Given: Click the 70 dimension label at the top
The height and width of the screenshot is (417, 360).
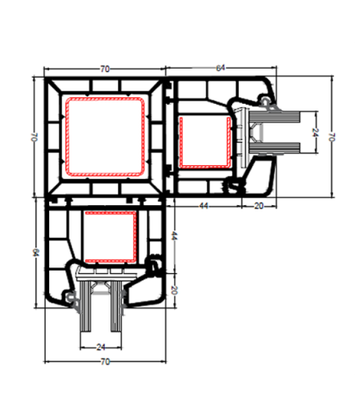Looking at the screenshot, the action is point(105,69).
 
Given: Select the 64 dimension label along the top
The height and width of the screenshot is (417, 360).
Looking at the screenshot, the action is point(220,68).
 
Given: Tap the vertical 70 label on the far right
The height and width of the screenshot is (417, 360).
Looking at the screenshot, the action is point(331,137).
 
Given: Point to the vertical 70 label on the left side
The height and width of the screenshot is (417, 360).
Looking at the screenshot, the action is point(34,137).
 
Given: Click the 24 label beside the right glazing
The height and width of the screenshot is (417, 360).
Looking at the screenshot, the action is point(315,132).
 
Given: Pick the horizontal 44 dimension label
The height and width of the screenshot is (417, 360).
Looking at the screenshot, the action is point(204,206).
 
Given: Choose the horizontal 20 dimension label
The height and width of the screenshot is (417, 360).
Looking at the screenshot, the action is point(259,206).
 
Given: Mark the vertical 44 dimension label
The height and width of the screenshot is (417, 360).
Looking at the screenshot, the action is point(174,235).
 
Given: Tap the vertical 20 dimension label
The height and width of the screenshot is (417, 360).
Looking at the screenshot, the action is point(174,290).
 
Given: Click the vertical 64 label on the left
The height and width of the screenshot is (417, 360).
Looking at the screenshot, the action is point(36,253).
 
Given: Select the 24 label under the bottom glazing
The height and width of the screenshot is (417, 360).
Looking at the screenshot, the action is point(101,347).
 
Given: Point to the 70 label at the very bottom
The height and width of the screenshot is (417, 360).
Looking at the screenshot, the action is point(105,361).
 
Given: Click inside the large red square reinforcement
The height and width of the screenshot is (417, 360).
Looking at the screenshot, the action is point(105,137).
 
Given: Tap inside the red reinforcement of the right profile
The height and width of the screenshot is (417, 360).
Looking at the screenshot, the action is point(205,141).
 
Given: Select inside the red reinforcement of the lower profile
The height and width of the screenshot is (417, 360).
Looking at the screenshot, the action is point(110,236).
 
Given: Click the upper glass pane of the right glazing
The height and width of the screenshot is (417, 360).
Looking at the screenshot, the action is point(275,117).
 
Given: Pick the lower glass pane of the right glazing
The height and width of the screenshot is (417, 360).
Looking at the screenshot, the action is point(275,148).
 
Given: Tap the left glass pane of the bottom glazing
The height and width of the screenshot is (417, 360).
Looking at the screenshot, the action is point(85,306).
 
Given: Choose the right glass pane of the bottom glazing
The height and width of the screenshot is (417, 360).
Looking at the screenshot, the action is point(116,306).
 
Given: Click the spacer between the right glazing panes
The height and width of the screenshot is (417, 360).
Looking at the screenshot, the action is point(256,132).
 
